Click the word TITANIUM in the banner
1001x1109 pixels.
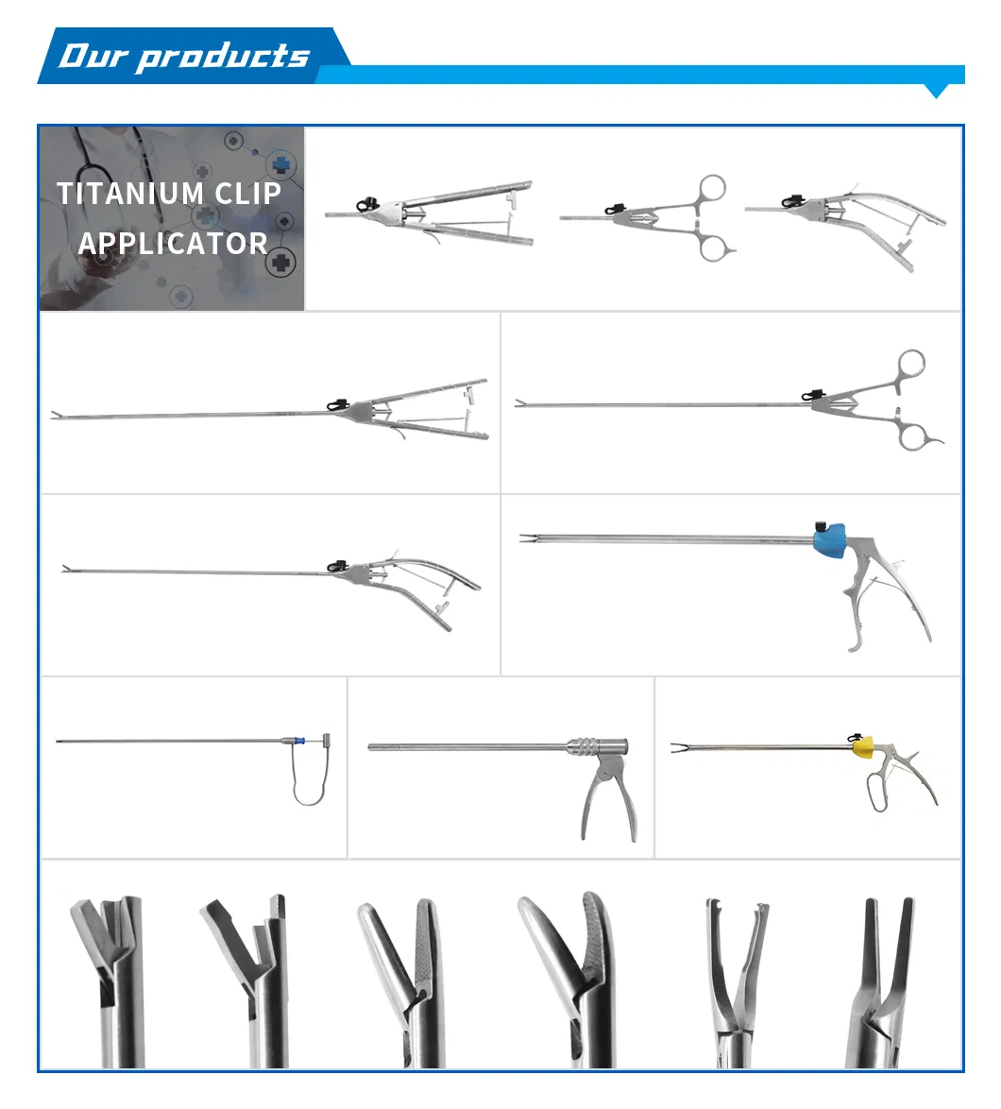coord(131,194)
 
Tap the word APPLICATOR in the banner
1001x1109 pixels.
coord(173,244)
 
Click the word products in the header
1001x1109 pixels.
coord(223,57)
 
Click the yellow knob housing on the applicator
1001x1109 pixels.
coord(862,748)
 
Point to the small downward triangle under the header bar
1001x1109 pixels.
coord(936,92)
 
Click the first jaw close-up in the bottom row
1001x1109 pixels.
coord(107,973)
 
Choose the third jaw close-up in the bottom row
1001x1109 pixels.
coord(400,973)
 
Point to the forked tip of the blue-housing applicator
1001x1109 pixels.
coord(525,538)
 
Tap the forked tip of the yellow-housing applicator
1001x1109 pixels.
coord(678,750)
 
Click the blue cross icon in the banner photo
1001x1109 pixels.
coord(280,164)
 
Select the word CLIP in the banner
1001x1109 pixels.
coord(247,194)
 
